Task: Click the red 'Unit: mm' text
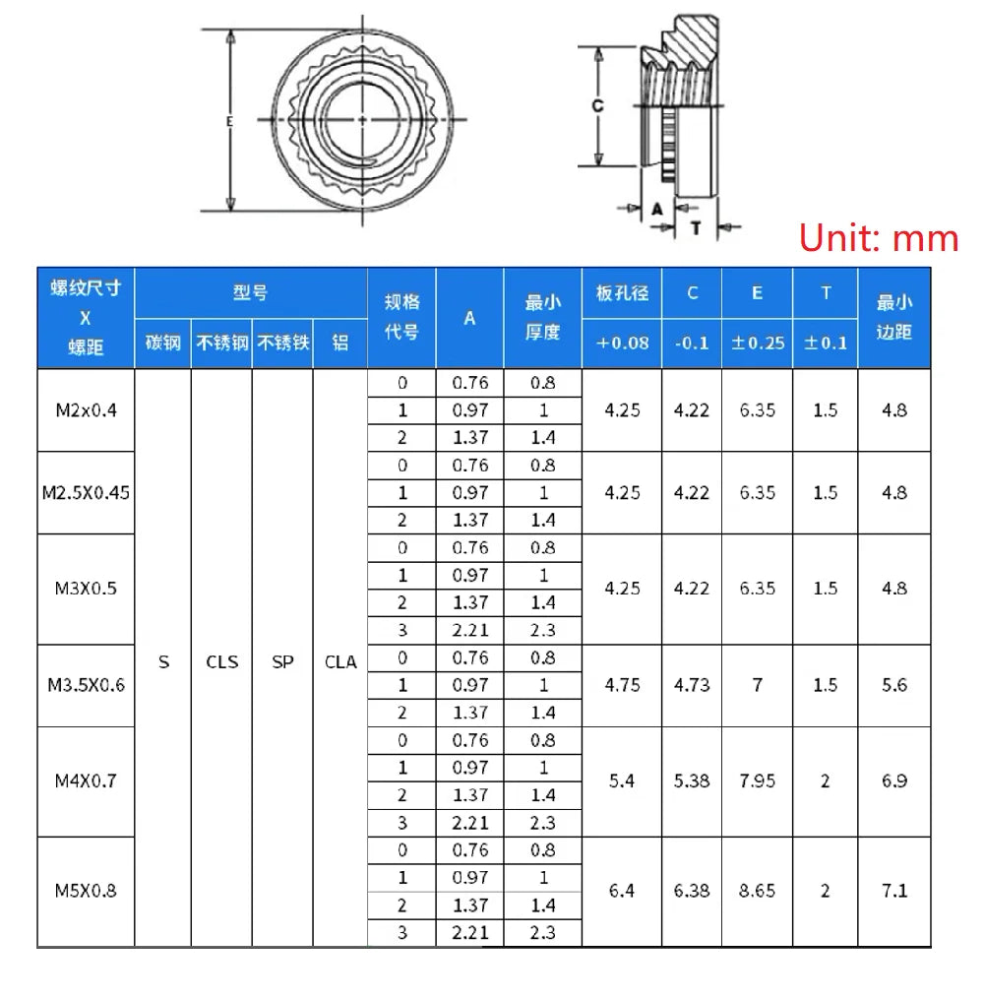(x=879, y=238)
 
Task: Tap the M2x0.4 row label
(x=86, y=410)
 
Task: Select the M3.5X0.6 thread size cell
(x=86, y=686)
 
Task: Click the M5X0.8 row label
(x=86, y=891)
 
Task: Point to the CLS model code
(x=221, y=662)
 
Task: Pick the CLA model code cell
(x=340, y=662)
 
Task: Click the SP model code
(x=282, y=662)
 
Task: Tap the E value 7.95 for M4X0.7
(x=758, y=781)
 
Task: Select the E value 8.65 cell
(x=758, y=891)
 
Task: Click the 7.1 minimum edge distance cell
(x=894, y=891)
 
